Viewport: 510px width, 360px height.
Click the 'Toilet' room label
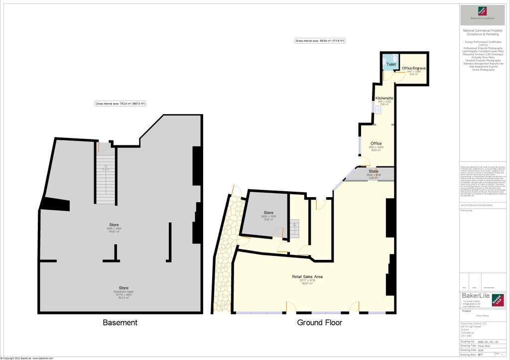[391, 65]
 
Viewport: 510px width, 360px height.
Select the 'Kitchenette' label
[384, 98]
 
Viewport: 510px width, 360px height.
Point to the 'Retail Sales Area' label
[307, 276]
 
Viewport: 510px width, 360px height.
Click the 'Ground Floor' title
[319, 323]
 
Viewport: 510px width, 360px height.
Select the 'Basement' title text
[120, 323]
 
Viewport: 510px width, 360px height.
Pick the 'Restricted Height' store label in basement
[124, 291]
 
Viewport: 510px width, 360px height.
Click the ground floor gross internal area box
[320, 41]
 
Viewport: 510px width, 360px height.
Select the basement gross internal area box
[120, 104]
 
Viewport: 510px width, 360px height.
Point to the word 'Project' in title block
[467, 311]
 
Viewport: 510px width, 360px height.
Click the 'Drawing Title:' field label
[468, 346]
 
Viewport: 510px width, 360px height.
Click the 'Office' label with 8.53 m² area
[376, 143]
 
